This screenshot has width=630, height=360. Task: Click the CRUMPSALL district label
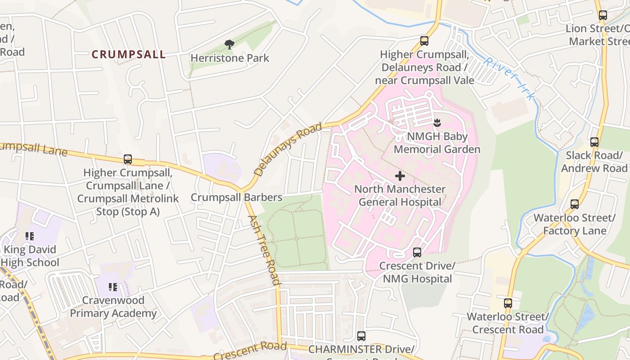129,54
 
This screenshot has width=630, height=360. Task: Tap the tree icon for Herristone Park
229,44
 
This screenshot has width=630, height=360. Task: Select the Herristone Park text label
229,58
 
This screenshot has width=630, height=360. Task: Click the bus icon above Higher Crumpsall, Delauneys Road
424,41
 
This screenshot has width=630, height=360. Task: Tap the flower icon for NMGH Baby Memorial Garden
436,122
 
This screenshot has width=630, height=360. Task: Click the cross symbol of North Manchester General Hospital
400,176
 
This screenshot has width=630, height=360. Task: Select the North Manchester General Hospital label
400,195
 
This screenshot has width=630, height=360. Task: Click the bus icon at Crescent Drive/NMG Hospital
417,252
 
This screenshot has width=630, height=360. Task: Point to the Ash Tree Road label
264,250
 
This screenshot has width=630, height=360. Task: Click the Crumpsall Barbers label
236,198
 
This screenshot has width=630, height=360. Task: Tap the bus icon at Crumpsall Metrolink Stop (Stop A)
128,159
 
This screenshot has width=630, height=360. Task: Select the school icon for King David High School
30,236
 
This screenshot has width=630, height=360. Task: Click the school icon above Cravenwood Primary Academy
113,287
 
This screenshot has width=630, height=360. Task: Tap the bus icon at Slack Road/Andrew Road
594,142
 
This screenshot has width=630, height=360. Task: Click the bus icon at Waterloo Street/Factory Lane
574,204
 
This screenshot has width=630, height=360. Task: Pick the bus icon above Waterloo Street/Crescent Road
508,303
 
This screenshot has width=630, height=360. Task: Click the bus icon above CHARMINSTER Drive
361,336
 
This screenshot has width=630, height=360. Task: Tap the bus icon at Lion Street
603,15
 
